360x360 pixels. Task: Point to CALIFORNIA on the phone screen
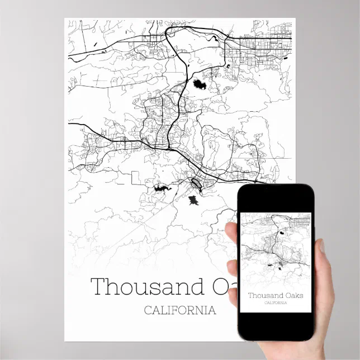276,303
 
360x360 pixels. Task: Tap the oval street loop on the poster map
197,183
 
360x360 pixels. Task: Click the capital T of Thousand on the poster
99,287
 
